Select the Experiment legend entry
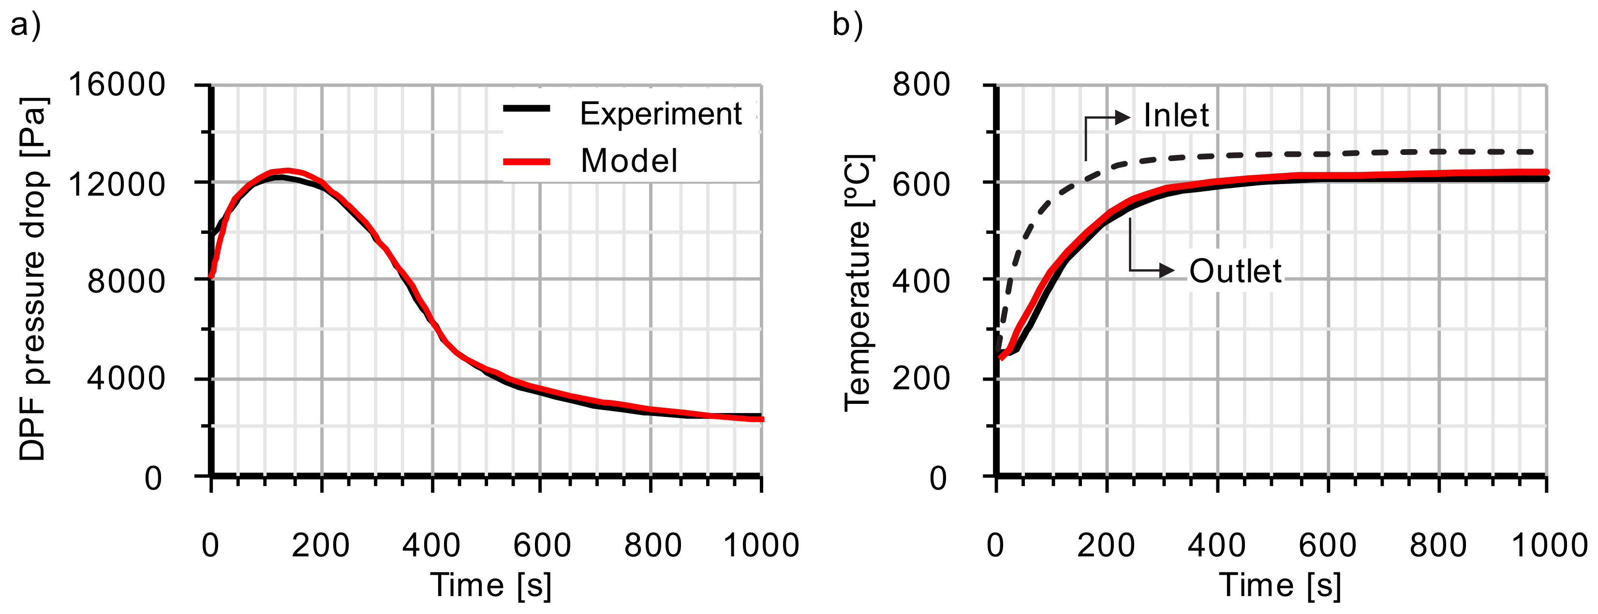(x=660, y=114)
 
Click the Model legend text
(x=628, y=161)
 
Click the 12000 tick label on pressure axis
(x=117, y=184)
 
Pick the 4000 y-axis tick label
(x=126, y=378)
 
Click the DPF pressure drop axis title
(x=32, y=279)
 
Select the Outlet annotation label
(x=1234, y=271)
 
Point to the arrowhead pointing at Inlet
(x=1122, y=117)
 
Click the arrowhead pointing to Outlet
(x=1167, y=270)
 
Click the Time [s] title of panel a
(x=491, y=585)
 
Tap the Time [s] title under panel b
(x=1280, y=585)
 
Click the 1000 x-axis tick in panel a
(x=761, y=545)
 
